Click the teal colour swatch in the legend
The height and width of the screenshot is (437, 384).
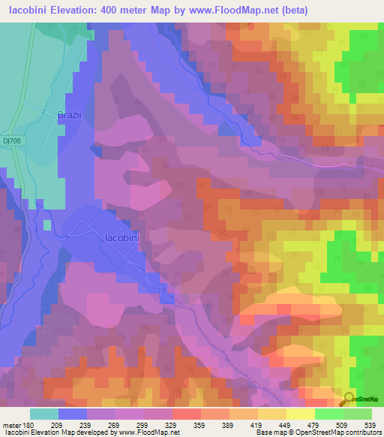pos(44,413)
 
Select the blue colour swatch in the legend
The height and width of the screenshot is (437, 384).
pos(73,413)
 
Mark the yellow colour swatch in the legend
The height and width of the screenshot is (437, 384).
pos(300,413)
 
